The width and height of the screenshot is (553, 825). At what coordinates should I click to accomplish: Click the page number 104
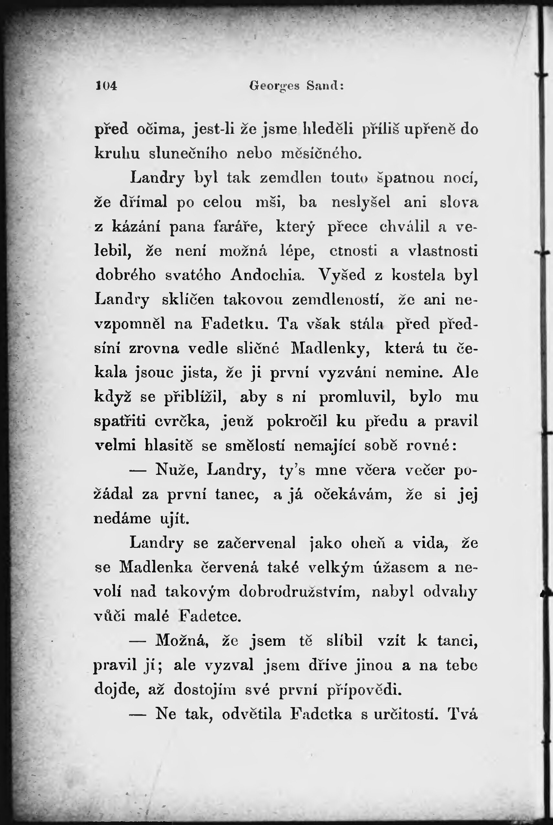click(x=106, y=86)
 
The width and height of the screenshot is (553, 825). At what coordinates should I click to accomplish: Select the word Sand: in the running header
click(x=325, y=86)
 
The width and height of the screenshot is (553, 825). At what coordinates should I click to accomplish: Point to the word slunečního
click(x=188, y=154)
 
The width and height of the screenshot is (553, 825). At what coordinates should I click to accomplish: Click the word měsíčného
click(x=322, y=154)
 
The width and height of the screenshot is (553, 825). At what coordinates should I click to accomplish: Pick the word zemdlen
click(x=291, y=178)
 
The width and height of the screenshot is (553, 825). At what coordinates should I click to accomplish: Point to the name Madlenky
click(x=330, y=348)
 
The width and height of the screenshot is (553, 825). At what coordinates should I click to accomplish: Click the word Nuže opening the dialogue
click(x=177, y=470)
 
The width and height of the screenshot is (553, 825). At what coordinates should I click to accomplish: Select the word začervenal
click(x=256, y=543)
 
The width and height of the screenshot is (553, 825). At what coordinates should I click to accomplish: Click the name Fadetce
click(x=210, y=616)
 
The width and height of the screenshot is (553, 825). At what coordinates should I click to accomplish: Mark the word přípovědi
click(x=364, y=689)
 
